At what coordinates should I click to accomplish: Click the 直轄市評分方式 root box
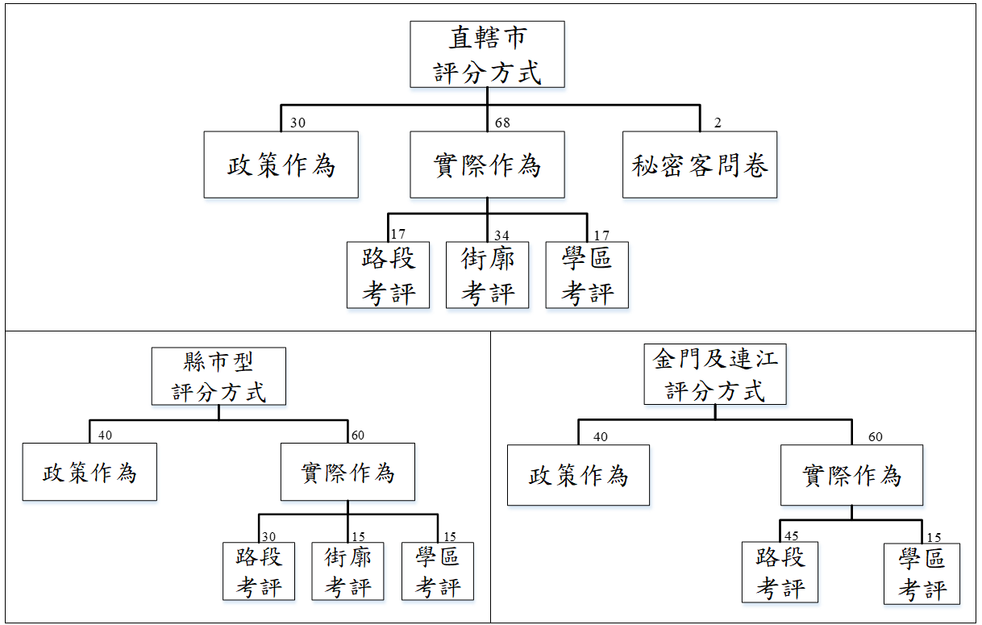point(487,54)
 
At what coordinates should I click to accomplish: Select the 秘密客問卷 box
point(700,165)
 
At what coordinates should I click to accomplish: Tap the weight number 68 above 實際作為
point(503,123)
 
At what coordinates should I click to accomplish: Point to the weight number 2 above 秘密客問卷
point(718,123)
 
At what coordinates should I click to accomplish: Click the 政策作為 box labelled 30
point(281,165)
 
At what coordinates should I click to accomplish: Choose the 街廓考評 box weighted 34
point(487,275)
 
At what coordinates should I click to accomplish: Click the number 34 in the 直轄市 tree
point(501,235)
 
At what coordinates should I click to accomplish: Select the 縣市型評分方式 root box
point(218,376)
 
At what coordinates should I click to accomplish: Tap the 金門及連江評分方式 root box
point(715,374)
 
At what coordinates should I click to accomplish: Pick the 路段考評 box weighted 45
point(780,573)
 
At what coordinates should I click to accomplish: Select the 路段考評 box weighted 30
point(259,571)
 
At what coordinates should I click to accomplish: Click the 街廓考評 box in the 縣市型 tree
point(347,571)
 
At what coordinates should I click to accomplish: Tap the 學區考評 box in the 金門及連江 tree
point(922,573)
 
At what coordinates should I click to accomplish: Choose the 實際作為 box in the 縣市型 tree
point(347,472)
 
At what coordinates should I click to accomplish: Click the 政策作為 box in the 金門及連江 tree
point(578,476)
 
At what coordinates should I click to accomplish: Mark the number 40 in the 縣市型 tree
point(105,435)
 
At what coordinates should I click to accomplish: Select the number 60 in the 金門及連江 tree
point(875,437)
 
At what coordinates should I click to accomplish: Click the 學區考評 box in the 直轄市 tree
point(587,275)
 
